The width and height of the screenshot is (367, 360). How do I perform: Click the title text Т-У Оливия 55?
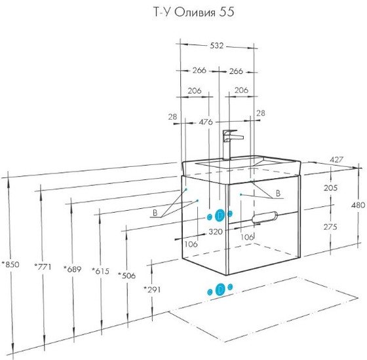[x=193, y=12]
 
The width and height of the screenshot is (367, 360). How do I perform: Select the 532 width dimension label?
[x=217, y=46]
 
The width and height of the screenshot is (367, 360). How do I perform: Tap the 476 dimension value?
[x=206, y=122]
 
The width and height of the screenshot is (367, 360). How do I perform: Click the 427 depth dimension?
[x=336, y=160]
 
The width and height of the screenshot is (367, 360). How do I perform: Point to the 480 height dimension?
[x=358, y=205]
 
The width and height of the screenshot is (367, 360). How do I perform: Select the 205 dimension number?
[x=330, y=187]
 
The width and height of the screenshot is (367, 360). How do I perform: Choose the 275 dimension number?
[x=330, y=226]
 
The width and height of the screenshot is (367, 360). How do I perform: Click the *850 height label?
[x=10, y=264]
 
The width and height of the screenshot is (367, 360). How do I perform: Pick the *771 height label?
[x=43, y=266]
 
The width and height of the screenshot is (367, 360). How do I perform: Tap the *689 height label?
[x=73, y=269]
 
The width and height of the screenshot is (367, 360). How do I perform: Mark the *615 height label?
[x=100, y=271]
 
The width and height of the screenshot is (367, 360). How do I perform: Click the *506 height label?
[x=126, y=276]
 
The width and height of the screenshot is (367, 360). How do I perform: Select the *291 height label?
[x=152, y=289]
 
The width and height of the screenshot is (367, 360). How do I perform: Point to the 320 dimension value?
[x=216, y=232]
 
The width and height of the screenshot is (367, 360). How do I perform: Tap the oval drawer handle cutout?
[x=265, y=217]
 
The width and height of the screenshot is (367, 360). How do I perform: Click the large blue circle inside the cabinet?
[x=220, y=215]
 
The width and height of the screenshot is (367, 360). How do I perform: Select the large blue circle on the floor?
[x=220, y=289]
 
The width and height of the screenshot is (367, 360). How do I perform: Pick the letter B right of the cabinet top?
[x=278, y=193]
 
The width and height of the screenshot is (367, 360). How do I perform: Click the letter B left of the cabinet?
[x=155, y=213]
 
